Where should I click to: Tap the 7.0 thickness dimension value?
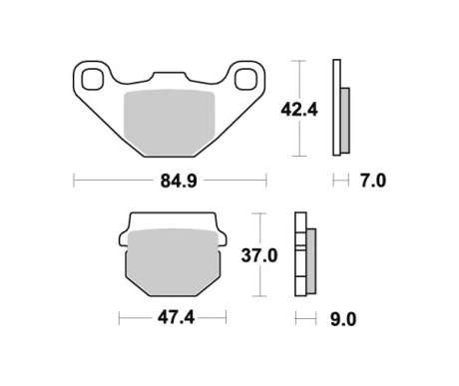point(372,181)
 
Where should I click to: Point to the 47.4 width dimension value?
point(171,319)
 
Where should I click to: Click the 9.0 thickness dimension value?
point(342,319)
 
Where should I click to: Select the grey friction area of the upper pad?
point(171,119)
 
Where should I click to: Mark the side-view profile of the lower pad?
point(303,255)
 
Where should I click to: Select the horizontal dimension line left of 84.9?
point(110,181)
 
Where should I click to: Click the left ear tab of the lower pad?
point(124,238)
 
